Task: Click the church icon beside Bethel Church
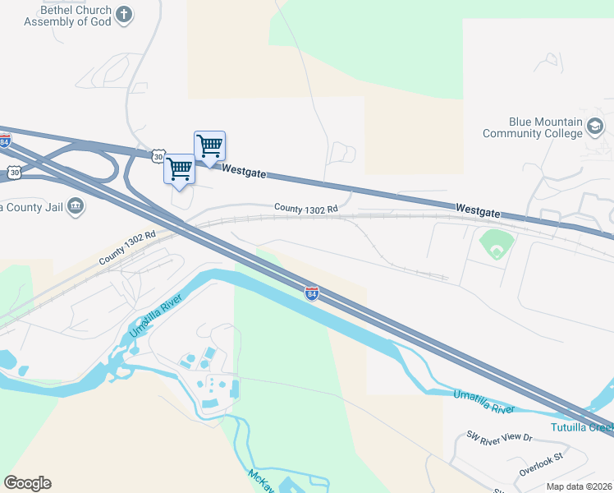(124, 13)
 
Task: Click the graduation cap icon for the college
(595, 127)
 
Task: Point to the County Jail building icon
(76, 205)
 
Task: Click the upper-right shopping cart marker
(209, 146)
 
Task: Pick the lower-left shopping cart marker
(179, 169)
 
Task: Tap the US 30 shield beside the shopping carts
(158, 155)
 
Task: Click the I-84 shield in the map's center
(311, 293)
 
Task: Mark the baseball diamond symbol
(496, 244)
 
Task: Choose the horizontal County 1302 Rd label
(306, 210)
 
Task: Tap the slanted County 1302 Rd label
(127, 247)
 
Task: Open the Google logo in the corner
(27, 483)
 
